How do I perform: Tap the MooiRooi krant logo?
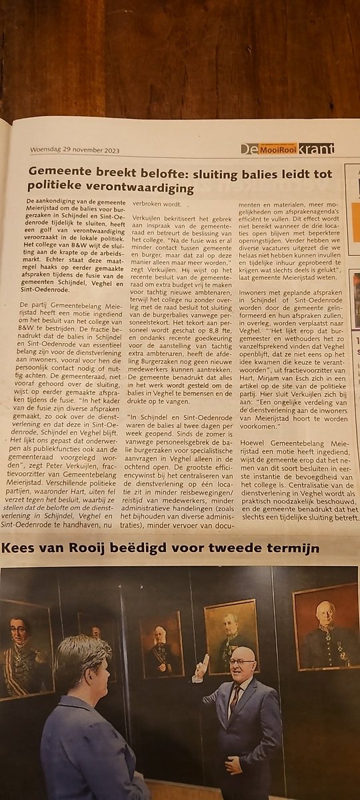287,149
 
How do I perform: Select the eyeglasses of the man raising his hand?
241,662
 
